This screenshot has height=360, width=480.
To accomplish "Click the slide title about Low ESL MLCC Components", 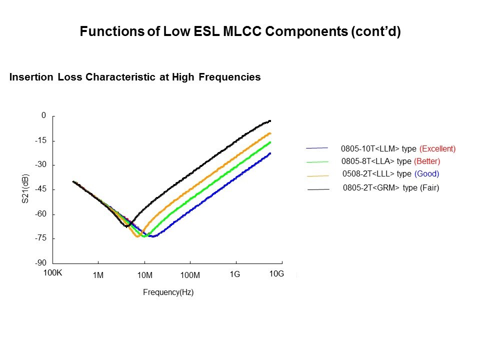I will [x=240, y=32].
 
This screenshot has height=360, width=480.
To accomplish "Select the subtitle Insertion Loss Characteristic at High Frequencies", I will [x=135, y=77].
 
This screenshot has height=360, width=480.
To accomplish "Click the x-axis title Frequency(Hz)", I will [x=168, y=292].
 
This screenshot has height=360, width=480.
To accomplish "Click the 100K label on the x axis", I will [x=52, y=273].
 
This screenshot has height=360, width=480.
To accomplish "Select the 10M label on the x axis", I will [x=144, y=275].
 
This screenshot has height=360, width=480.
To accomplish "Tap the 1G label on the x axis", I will [x=235, y=274].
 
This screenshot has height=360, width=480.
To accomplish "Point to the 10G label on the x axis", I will [x=276, y=274].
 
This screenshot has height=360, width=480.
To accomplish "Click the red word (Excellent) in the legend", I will [x=437, y=148].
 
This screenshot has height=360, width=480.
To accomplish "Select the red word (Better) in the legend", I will [x=427, y=161].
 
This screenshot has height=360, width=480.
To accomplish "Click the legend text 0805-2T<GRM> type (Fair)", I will [x=391, y=188].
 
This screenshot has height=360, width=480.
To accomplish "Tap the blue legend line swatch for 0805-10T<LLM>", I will [x=317, y=148].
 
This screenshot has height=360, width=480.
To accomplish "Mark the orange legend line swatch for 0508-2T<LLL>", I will [x=318, y=176].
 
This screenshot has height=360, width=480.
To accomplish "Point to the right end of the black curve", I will [x=270, y=120].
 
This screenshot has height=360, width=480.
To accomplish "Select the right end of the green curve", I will [x=270, y=142].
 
